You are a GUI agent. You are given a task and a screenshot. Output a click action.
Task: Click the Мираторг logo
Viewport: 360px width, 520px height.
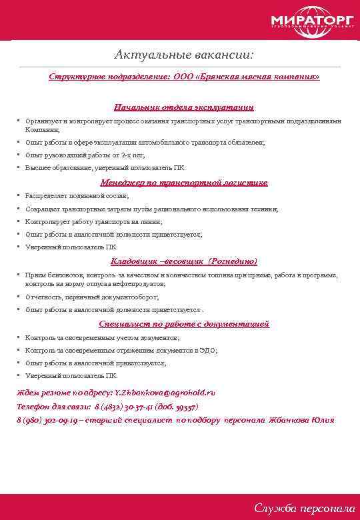point(313,21)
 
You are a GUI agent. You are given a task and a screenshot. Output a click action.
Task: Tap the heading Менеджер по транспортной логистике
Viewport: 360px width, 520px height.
point(184,182)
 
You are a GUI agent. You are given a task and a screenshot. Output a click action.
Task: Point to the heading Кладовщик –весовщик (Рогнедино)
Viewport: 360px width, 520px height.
point(184,261)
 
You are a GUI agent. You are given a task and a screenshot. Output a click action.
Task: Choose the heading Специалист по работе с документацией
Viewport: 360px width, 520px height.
point(184,324)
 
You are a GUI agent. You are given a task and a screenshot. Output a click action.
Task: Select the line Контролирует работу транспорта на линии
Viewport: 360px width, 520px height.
point(94,221)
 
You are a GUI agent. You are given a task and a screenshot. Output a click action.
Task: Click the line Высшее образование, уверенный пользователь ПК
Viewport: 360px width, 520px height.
point(97,167)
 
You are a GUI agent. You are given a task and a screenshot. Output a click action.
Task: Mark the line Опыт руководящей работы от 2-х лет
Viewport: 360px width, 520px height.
point(85,155)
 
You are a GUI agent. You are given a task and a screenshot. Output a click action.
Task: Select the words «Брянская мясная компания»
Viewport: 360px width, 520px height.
point(267,77)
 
